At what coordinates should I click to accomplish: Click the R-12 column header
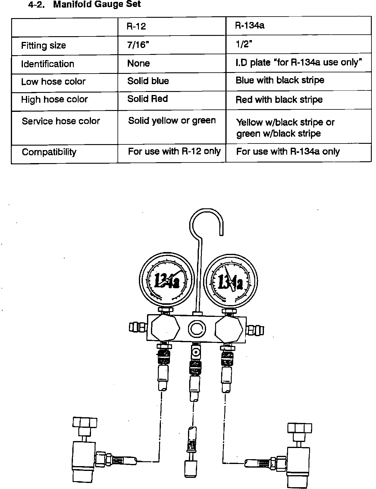point(136,26)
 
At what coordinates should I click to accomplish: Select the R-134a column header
point(250,25)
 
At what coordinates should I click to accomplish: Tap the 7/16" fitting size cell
point(138,45)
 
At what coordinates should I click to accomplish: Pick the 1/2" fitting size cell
point(243,44)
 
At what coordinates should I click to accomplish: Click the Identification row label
point(47,64)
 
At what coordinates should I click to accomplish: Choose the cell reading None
point(138,63)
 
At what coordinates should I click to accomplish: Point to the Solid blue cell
point(148,81)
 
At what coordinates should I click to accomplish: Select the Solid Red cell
point(147,99)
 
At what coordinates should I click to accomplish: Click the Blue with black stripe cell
point(280,80)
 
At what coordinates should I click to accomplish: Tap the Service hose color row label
point(61,121)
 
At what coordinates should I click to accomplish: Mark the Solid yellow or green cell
point(172,121)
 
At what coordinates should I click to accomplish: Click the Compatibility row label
point(49,152)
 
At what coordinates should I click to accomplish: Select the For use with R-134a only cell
point(288,151)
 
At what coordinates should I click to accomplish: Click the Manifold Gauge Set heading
point(97,5)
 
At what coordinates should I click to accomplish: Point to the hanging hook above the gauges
point(206,223)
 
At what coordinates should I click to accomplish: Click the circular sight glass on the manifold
point(197,329)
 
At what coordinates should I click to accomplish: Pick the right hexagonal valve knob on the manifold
point(229,330)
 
